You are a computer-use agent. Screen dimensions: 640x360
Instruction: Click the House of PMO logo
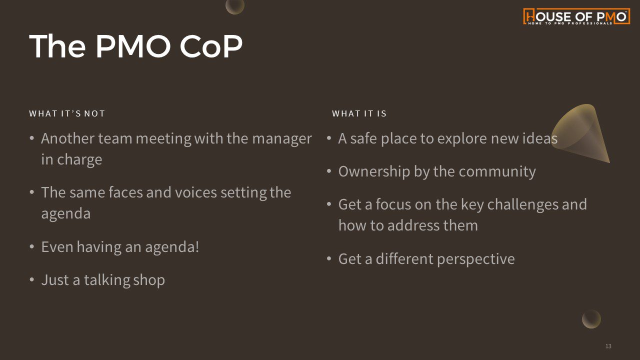(576, 16)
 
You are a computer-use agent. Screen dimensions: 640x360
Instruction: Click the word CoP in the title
(211, 46)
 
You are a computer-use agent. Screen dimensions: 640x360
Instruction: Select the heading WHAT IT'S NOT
(67, 113)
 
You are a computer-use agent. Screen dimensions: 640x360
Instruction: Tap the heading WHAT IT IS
(359, 113)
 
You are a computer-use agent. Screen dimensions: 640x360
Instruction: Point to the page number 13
(608, 346)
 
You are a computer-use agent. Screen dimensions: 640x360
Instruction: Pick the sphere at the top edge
(235, 5)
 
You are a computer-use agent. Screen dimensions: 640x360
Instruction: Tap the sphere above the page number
(591, 319)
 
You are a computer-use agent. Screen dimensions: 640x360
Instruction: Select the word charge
(79, 160)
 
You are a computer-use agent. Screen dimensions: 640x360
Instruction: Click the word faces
(125, 192)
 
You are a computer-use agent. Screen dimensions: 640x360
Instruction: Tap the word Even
(57, 247)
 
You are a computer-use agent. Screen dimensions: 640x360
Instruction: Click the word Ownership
(374, 172)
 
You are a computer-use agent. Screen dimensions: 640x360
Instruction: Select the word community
(497, 172)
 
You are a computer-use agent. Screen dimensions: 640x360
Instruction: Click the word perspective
(475, 259)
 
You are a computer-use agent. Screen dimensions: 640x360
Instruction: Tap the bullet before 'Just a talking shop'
(31, 279)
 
